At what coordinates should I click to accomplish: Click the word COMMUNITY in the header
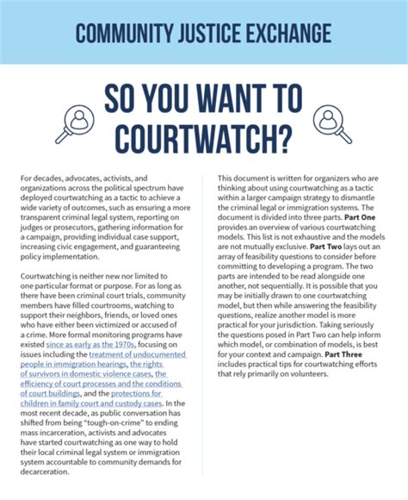tap(121, 34)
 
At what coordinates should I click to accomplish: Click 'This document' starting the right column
tap(245, 178)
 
